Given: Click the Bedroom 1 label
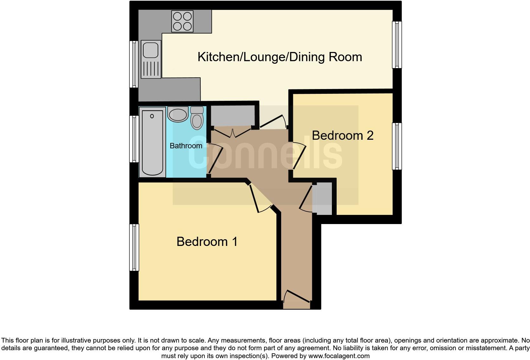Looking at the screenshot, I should (207, 241).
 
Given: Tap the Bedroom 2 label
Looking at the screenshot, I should (342, 135).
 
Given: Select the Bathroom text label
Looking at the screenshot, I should (186, 146).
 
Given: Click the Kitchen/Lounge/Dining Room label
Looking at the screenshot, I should (280, 57).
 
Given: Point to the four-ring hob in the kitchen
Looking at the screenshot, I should (182, 21).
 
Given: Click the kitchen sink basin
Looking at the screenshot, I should (151, 50).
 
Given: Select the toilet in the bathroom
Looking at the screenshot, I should (197, 119).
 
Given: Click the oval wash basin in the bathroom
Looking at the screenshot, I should (178, 115).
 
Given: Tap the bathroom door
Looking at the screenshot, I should (215, 158).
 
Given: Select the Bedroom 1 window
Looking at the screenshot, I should (134, 248).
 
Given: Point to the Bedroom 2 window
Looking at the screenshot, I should (397, 146).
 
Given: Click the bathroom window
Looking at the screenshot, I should (134, 139).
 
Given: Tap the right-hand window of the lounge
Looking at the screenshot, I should (397, 45).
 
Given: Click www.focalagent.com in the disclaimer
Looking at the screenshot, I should (339, 356).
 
